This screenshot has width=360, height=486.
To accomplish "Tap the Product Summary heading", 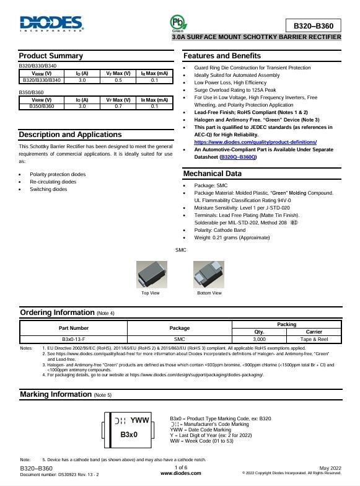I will (x=51, y=56).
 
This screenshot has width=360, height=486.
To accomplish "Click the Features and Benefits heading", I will (x=222, y=56).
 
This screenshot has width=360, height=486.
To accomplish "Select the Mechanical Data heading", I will (x=212, y=174).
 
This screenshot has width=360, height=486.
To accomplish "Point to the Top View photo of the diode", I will (x=151, y=274).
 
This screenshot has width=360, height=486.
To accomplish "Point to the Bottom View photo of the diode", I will (x=209, y=274).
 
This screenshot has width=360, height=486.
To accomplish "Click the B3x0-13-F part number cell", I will (x=74, y=339).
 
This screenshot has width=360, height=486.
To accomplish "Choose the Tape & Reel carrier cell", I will (x=314, y=339).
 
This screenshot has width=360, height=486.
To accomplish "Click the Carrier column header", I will (x=314, y=332).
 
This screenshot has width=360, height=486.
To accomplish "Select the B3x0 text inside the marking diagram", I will (x=128, y=435).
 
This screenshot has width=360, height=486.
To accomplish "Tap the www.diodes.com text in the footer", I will (x=180, y=473).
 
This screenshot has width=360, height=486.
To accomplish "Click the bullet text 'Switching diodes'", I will (x=49, y=189).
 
